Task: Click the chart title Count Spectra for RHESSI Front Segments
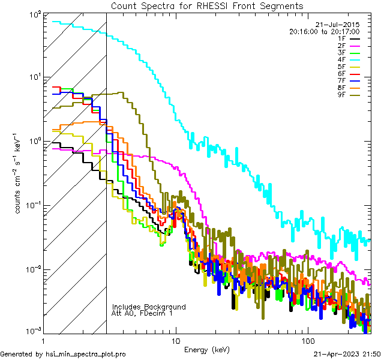tap(207, 6)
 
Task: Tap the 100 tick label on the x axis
tap(307, 340)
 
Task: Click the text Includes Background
tap(149, 307)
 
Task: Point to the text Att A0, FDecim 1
tap(142, 313)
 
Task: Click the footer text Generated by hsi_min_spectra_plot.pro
tap(63, 354)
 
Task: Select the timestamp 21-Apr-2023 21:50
tap(346, 354)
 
